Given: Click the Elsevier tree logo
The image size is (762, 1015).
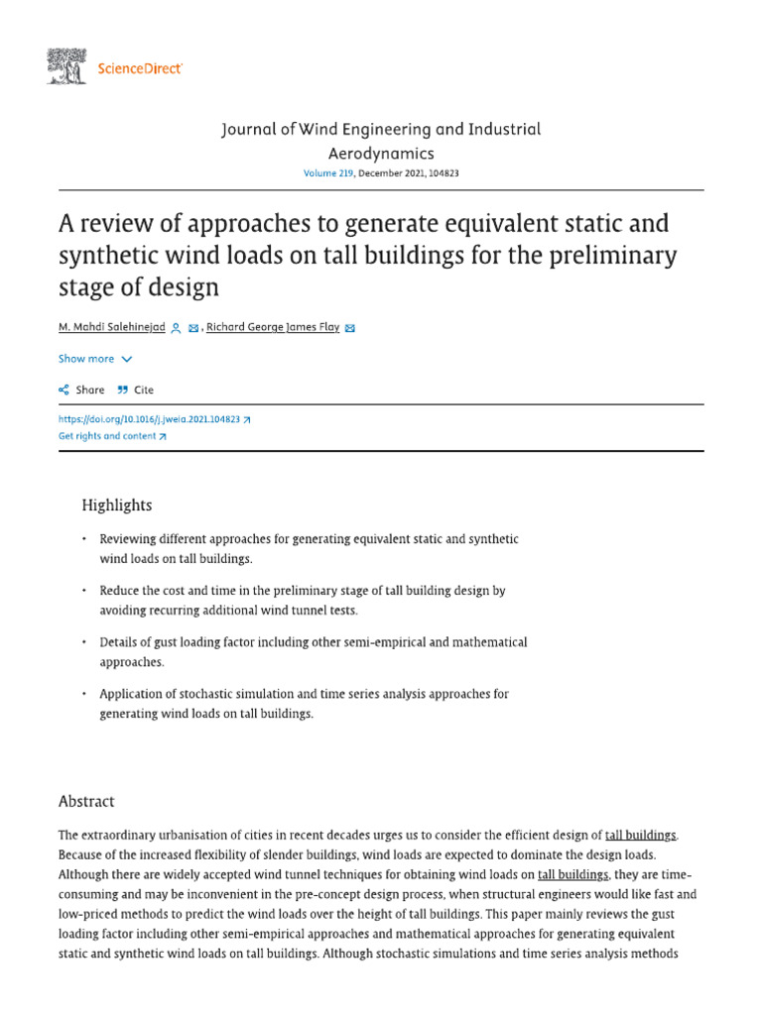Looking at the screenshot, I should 67,67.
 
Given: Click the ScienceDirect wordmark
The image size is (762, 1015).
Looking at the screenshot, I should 139,68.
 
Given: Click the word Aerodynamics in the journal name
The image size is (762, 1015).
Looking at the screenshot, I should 381,153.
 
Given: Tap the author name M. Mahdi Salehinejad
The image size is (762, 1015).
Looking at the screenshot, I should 111,327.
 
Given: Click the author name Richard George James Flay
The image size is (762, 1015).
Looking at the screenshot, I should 273,327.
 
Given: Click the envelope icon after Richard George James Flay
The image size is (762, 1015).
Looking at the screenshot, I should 349,328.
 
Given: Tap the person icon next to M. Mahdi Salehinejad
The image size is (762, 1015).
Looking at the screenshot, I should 176,328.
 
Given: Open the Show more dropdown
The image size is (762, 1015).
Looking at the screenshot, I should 95,359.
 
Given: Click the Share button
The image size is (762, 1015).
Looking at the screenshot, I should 81,390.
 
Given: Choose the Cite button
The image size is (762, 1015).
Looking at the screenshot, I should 136,390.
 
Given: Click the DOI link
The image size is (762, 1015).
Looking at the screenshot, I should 154,419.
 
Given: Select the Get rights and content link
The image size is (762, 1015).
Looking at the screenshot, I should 112,436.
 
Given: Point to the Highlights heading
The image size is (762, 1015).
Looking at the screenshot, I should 117,506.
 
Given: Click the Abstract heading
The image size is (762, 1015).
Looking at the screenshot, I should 86,801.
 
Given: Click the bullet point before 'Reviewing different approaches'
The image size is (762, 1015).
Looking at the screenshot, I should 83,540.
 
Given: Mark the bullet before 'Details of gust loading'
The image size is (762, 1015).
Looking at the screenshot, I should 83,643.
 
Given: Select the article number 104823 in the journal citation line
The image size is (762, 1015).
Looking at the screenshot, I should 438,172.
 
